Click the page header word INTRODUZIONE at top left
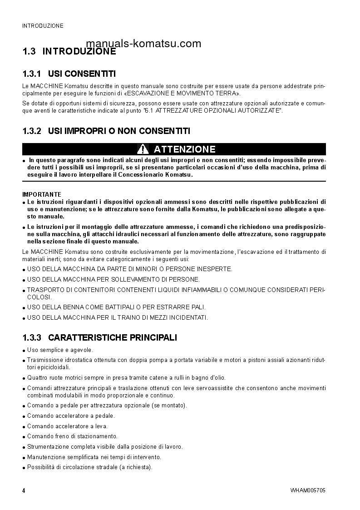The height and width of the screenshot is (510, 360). [x=43, y=26]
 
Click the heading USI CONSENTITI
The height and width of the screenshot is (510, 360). [x=82, y=74]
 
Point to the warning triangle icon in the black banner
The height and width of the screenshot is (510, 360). [x=143, y=149]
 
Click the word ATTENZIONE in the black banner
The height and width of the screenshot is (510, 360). [x=184, y=149]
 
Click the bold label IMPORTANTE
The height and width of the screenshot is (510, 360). [x=42, y=194]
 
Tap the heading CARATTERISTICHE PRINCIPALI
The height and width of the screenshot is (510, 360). [x=113, y=337]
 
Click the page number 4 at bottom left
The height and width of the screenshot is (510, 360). [x=24, y=491]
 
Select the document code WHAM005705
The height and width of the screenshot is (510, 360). [x=307, y=491]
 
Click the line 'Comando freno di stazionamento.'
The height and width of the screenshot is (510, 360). [x=72, y=436]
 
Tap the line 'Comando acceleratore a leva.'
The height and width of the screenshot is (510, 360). [x=67, y=426]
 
